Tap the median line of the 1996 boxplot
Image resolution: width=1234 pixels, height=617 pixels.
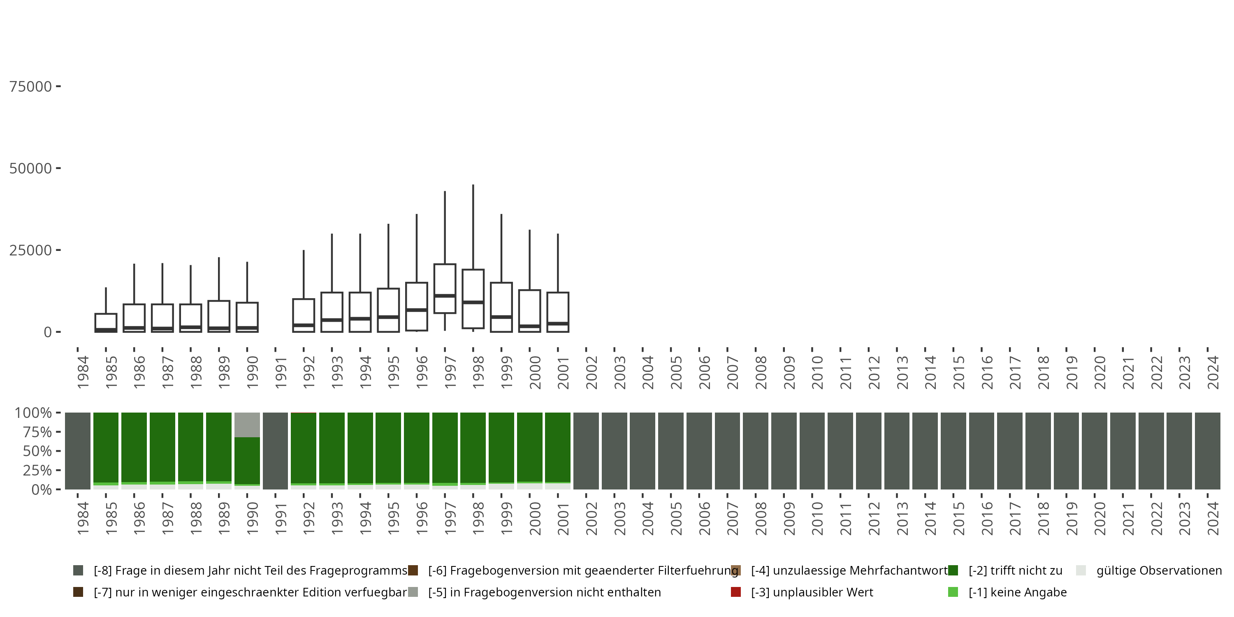point(416,310)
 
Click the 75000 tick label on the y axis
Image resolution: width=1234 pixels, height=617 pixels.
point(31,87)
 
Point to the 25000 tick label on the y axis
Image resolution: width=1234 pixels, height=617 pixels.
point(31,250)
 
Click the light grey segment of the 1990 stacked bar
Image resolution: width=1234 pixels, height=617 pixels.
point(247,424)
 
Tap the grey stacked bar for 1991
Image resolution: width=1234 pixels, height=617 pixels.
point(276,451)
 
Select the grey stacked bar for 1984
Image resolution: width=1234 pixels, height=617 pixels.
point(78,451)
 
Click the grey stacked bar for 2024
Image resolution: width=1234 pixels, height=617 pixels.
point(1208,451)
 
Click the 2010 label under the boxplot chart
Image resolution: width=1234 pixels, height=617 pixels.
point(817,373)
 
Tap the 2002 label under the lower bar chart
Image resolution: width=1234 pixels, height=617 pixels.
point(591,519)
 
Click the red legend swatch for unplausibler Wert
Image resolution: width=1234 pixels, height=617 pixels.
point(736,592)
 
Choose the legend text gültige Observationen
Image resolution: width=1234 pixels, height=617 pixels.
point(1159,571)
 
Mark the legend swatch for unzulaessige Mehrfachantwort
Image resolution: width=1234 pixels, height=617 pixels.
point(736,571)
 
